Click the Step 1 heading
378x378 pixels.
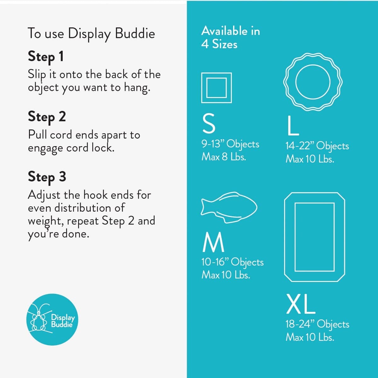pyautogui.click(x=46, y=57)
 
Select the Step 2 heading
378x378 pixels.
pyautogui.click(x=47, y=117)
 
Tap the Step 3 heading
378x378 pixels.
pyautogui.click(x=47, y=177)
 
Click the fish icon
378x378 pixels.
pyautogui.click(x=229, y=208)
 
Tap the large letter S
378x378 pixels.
pyautogui.click(x=209, y=124)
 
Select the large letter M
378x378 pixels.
pyautogui.click(x=213, y=242)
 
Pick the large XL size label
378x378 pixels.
pyautogui.click(x=301, y=304)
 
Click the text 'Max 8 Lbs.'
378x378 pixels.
pyautogui.click(x=224, y=157)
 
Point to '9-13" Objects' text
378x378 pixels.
pyautogui.click(x=231, y=145)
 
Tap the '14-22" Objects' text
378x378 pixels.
pyautogui.click(x=317, y=146)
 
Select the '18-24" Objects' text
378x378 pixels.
pyautogui.click(x=318, y=325)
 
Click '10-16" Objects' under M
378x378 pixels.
pyautogui.click(x=233, y=262)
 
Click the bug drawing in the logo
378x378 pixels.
pyautogui.click(x=38, y=320)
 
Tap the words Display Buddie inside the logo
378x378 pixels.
pyautogui.click(x=63, y=321)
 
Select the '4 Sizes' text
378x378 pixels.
pyautogui.click(x=219, y=44)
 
